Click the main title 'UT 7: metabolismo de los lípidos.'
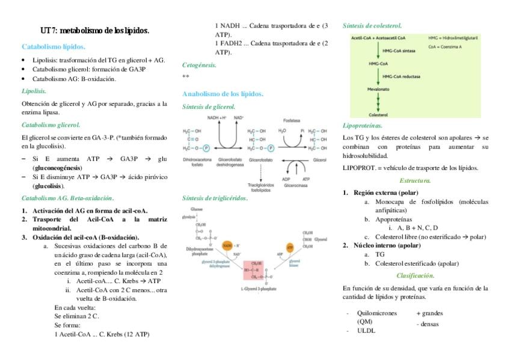coord(94,30)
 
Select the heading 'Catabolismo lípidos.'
coord(54,46)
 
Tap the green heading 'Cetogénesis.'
coord(199,64)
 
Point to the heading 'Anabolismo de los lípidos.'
coord(223,94)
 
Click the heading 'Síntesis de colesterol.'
coord(372,26)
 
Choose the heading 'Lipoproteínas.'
coord(362,126)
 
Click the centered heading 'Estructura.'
coord(415,180)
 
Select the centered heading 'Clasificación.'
coord(415,275)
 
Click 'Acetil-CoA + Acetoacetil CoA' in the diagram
coord(378,37)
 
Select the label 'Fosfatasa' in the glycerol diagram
coord(291,120)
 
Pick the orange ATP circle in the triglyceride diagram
coord(290,246)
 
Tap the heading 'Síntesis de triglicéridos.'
coord(215,198)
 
